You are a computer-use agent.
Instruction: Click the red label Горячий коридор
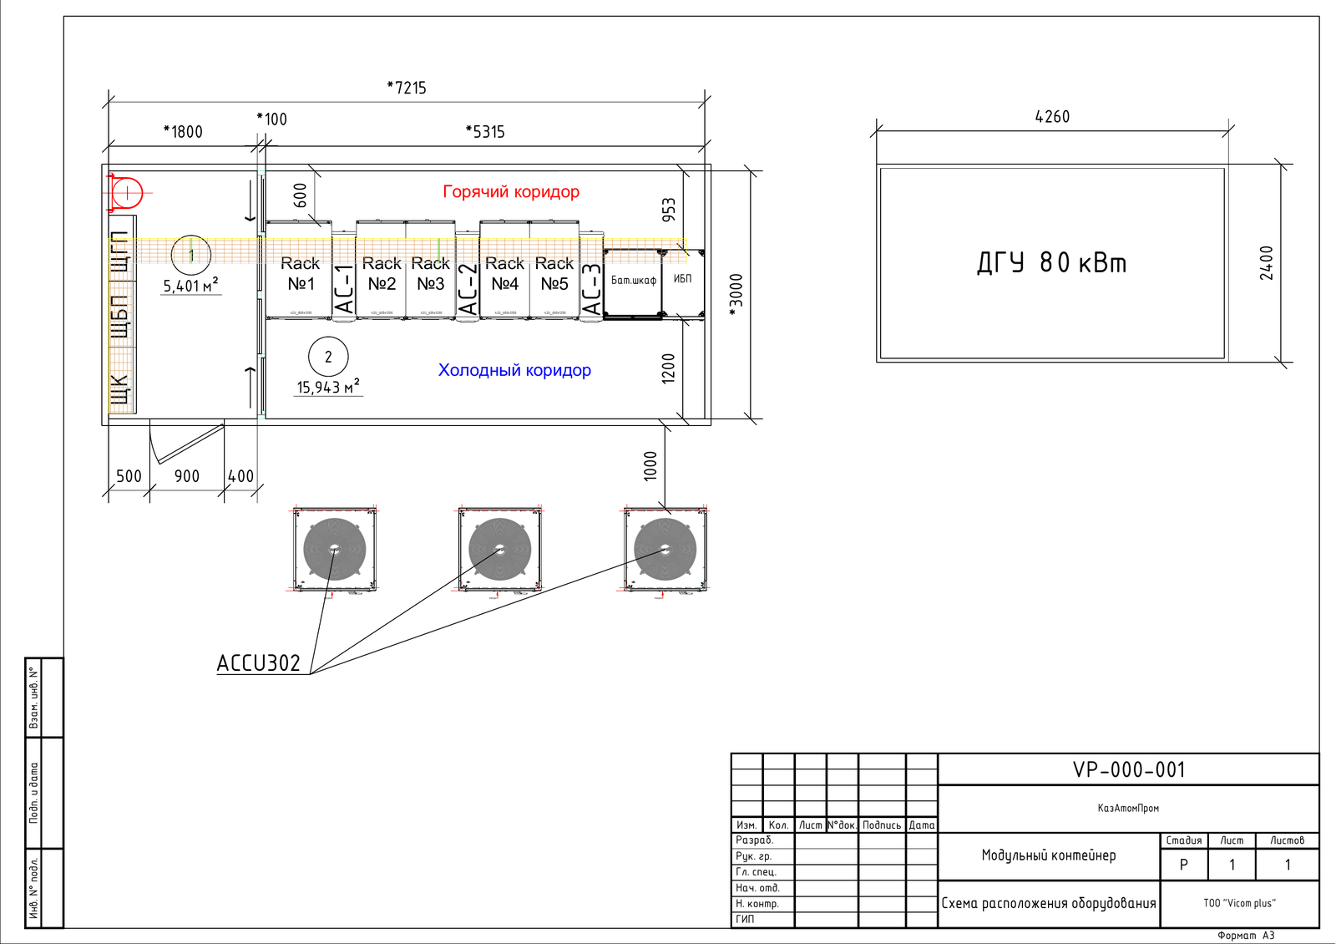pos(511,191)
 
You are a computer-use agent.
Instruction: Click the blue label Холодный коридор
pos(514,370)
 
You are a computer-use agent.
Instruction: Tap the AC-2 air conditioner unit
pos(468,289)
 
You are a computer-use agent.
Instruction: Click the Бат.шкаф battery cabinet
pos(633,281)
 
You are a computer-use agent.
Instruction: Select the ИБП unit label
pos(683,279)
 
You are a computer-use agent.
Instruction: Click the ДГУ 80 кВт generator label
pos(1051,263)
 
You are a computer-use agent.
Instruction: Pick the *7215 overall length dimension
pos(407,88)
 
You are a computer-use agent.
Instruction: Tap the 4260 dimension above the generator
pos(1052,117)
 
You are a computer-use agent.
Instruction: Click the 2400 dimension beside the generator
pos(1267,262)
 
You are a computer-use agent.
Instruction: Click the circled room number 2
pos(328,357)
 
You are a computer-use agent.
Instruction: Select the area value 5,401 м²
pos(190,286)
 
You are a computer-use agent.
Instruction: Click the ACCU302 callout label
pos(258,663)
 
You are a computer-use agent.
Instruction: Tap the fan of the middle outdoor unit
pos(499,549)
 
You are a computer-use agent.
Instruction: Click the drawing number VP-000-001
pos(1129,769)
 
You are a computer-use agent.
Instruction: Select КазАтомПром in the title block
pos(1128,808)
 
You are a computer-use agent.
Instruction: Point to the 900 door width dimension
pos(187,476)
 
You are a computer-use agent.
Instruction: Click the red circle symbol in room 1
pos(127,193)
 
